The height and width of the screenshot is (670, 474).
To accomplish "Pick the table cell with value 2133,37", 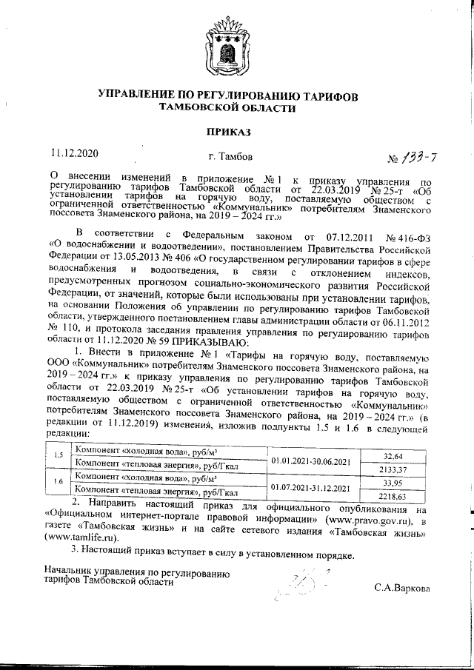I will pos(402,469).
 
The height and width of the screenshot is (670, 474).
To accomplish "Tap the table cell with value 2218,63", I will pos(402,495).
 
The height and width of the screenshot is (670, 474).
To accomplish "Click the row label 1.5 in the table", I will pos(58,454).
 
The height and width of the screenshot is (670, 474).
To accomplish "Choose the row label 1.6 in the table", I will pos(58,481).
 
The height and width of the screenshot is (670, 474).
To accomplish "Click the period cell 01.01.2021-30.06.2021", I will pos(312,461).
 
